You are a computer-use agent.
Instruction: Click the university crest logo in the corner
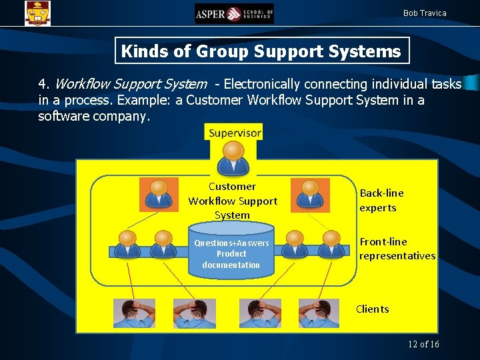37,13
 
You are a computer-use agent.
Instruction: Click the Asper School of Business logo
234,13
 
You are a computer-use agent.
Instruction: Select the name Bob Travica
425,13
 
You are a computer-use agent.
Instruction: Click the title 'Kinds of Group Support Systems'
261,51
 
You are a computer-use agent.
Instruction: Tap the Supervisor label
235,133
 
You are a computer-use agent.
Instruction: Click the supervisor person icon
233,157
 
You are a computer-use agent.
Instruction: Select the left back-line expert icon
159,193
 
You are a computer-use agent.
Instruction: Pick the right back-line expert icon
309,193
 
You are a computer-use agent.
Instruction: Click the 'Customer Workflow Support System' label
233,201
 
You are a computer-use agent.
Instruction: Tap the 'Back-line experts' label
381,200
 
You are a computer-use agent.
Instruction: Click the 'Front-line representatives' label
397,249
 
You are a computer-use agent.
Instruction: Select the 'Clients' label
373,309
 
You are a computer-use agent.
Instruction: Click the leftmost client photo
134,313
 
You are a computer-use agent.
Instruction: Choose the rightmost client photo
319,313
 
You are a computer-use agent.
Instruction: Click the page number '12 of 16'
423,344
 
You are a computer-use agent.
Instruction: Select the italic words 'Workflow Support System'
131,85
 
